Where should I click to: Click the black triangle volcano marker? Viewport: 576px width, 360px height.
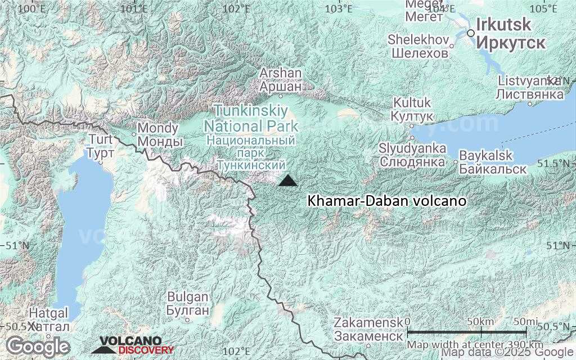[x=288, y=181]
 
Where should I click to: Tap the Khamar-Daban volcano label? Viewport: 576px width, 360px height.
[x=387, y=201]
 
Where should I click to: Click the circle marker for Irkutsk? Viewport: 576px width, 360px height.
[x=471, y=33]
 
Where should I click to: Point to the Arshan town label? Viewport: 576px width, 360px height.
[x=280, y=74]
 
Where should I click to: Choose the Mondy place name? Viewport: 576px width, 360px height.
[x=150, y=128]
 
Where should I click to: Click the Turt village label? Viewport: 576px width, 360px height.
[x=101, y=139]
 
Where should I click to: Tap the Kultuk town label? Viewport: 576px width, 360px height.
[x=412, y=103]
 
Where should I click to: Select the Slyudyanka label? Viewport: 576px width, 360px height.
[x=412, y=148]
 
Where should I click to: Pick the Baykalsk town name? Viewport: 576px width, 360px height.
[x=485, y=155]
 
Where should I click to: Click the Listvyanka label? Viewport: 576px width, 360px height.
[x=529, y=81]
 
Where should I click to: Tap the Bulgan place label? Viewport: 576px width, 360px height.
[x=188, y=297]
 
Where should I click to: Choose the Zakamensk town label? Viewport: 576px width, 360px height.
[x=368, y=323]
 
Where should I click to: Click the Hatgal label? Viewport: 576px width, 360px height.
[x=49, y=313]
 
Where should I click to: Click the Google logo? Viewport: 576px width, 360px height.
[x=38, y=345]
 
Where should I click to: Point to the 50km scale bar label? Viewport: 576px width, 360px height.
[x=481, y=321]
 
